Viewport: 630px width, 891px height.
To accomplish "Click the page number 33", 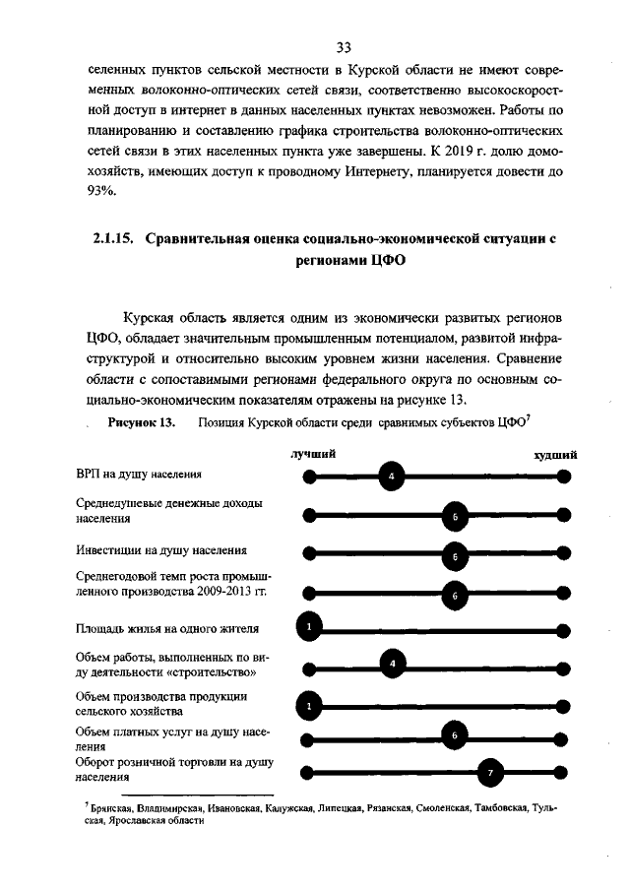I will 344,47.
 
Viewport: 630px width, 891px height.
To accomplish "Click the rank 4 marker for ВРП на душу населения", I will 392,477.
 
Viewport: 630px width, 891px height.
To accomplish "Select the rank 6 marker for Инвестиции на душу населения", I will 456,555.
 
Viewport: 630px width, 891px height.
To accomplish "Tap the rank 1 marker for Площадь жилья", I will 309,627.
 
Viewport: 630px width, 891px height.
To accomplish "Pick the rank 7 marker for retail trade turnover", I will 490,773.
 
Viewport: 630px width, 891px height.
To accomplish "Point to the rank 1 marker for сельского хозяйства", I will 309,704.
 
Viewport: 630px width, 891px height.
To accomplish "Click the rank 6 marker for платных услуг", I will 455,736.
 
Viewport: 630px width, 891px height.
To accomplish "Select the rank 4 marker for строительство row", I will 392,666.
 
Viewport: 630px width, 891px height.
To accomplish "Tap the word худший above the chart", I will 555,454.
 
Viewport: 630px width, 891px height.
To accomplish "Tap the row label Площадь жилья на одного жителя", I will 167,628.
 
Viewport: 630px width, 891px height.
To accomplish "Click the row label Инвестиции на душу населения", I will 161,549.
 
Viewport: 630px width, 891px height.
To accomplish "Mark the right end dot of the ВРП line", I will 563,477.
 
